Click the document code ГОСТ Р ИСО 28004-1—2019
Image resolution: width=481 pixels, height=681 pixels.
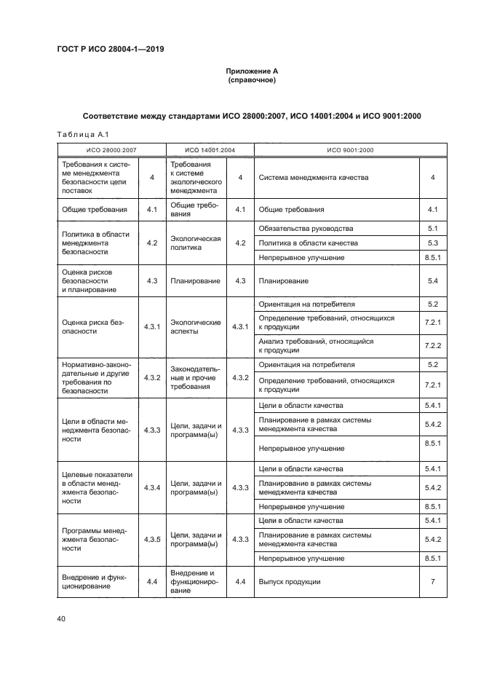(110, 50)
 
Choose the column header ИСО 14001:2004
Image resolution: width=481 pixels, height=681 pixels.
(209, 150)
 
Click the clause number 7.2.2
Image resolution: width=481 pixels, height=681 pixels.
(432, 345)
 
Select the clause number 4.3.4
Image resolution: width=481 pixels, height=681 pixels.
(152, 487)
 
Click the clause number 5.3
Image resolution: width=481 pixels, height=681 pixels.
(432, 243)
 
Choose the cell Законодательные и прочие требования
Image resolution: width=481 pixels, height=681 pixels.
(195, 378)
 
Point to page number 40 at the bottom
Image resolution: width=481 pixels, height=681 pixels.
(61, 619)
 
